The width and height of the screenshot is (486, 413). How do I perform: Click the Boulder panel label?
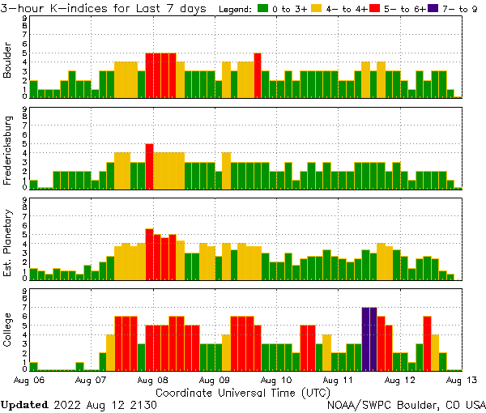tap(8, 62)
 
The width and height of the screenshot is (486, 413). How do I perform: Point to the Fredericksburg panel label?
tap(8, 152)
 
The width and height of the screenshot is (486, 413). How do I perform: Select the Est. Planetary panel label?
tap(8, 243)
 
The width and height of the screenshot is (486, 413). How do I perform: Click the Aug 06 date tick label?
tap(30, 379)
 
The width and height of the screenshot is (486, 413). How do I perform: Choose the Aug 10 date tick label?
tap(276, 379)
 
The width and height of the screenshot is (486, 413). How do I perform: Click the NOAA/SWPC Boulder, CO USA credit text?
tap(406, 404)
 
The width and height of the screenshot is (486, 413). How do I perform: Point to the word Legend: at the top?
tap(235, 9)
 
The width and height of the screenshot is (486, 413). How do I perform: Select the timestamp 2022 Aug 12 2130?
tap(104, 404)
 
